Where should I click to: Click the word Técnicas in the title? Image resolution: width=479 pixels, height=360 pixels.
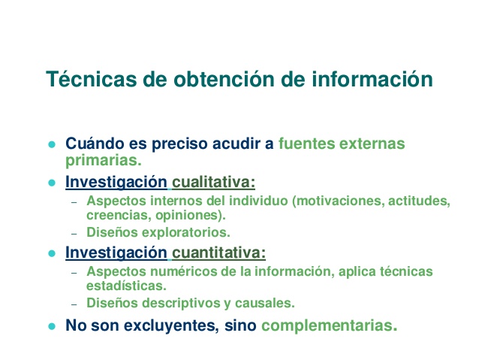[x=92, y=79]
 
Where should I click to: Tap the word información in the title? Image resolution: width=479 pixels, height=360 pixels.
[x=372, y=79]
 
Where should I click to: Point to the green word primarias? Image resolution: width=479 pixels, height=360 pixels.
[x=104, y=160]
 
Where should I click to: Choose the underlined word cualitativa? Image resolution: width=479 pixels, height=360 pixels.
[x=213, y=182]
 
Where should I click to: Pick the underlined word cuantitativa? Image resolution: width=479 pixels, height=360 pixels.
[x=218, y=253]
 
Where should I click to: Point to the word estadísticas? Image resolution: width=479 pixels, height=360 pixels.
[x=126, y=286]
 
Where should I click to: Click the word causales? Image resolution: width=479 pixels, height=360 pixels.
[x=264, y=303]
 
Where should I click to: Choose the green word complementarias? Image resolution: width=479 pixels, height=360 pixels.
[x=329, y=325]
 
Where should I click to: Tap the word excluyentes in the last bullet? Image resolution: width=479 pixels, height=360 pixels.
[x=171, y=325]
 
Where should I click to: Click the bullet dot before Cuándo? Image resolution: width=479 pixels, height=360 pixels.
[x=52, y=144]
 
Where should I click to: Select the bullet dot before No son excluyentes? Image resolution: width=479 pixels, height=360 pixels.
[x=52, y=326]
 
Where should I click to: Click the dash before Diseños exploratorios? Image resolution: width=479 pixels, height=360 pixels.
[x=74, y=234]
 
